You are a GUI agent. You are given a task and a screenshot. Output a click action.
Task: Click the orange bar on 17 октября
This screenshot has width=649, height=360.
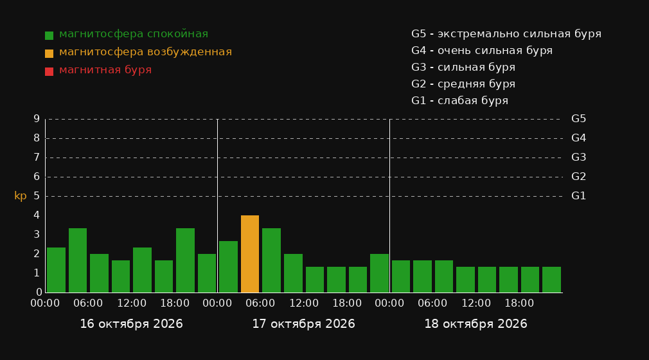(x=250, y=254)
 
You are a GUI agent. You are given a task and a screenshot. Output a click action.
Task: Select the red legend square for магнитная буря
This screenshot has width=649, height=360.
(x=49, y=71)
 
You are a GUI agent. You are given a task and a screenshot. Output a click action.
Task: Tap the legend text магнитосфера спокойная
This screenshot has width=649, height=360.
(x=134, y=34)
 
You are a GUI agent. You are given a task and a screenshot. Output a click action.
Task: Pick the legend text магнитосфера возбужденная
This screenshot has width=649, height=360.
(x=146, y=52)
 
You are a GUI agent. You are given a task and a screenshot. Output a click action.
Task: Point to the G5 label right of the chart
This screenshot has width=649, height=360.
(x=578, y=119)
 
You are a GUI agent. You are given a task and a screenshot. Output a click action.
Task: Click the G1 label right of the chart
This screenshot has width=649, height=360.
(x=578, y=196)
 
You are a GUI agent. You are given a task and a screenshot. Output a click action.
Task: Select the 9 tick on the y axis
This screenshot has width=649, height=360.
(x=37, y=119)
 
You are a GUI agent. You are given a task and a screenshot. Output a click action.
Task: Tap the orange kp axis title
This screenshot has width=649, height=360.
(x=21, y=195)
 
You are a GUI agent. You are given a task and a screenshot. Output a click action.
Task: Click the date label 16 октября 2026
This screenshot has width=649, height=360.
(x=131, y=324)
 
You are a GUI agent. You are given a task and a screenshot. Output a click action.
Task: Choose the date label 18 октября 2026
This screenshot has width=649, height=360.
(x=476, y=324)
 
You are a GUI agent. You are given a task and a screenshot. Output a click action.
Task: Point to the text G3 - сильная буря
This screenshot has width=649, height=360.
(x=463, y=67)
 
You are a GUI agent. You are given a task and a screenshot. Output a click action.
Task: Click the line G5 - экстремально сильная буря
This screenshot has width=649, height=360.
(x=506, y=34)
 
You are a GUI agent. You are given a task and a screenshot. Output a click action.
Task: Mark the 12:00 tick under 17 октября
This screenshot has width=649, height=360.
(x=304, y=303)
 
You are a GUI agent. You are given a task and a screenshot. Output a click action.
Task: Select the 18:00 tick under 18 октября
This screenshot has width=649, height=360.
(x=519, y=303)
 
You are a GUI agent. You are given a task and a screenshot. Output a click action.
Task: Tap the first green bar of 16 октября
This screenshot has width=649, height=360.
(x=57, y=270)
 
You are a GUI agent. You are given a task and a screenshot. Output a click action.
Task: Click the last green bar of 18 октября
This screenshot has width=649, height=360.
(x=551, y=280)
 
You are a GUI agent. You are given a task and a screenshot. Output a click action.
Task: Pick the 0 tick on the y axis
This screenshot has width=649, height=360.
(x=39, y=292)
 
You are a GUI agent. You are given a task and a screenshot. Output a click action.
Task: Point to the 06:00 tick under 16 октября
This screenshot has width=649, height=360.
(x=88, y=303)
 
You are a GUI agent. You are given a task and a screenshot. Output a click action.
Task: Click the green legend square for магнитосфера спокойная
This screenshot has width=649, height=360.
(x=49, y=35)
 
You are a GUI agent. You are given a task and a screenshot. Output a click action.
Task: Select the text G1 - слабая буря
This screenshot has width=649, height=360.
(x=460, y=101)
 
